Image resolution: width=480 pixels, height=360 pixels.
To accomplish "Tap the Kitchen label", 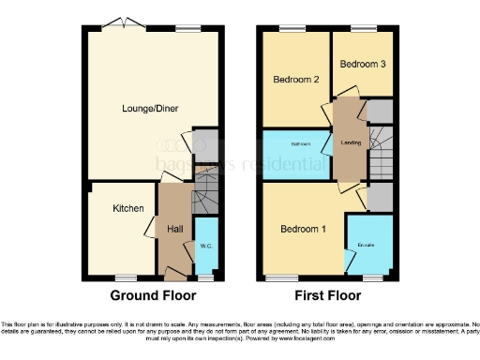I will pyautogui.click(x=127, y=208).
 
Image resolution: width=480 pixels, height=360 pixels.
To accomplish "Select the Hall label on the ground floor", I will pyautogui.click(x=174, y=229).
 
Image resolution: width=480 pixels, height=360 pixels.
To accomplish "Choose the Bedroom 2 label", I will pyautogui.click(x=296, y=81).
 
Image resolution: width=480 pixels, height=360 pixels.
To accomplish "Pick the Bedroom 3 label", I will pyautogui.click(x=361, y=65).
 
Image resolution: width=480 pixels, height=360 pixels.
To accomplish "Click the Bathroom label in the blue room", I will pyautogui.click(x=300, y=144).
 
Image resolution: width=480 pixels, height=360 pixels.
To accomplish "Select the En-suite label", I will pyautogui.click(x=366, y=246).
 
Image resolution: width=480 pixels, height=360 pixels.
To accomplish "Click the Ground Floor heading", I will pyautogui.click(x=153, y=295).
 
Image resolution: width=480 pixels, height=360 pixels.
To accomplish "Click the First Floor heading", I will pyautogui.click(x=328, y=295).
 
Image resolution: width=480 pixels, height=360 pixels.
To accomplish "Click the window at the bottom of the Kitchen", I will pyautogui.click(x=126, y=278).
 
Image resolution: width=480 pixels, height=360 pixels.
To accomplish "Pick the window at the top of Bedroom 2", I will pyautogui.click(x=294, y=27).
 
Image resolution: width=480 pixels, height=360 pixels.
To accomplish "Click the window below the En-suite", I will pyautogui.click(x=372, y=278).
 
